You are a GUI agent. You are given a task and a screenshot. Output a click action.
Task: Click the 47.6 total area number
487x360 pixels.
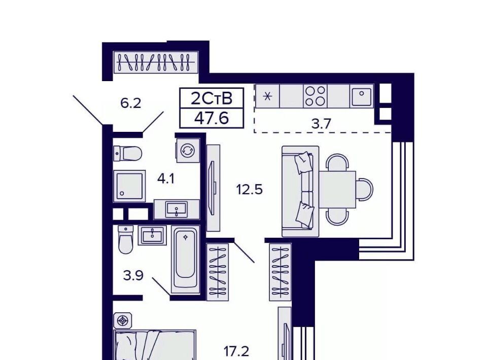[212, 118]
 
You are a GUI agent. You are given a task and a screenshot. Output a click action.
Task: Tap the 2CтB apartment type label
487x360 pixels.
[212, 98]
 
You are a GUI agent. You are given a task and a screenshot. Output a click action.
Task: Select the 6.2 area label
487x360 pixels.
[131, 103]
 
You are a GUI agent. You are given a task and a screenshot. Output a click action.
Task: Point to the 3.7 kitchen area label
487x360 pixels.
[322, 124]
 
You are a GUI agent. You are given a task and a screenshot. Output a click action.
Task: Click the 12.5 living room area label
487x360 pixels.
[250, 189]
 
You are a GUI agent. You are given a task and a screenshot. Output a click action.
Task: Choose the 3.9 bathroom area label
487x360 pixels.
[133, 275]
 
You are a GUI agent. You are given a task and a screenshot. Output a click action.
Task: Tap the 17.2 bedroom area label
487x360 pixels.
[236, 351]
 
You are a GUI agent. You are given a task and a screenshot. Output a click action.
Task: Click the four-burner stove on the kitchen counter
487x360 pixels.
[315, 96]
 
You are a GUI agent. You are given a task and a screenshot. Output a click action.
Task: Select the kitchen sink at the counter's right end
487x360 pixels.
[362, 96]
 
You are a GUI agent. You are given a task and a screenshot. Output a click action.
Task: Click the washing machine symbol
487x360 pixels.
[188, 151]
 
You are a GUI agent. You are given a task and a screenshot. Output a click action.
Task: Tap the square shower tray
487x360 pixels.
[129, 186]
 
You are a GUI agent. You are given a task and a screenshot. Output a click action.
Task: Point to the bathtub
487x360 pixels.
[186, 257]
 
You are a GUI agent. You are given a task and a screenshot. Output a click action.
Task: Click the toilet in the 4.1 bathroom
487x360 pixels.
[128, 153]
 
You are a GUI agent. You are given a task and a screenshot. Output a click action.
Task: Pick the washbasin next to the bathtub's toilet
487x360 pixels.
[152, 235]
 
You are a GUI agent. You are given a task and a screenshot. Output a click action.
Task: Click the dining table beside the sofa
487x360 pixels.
[338, 189]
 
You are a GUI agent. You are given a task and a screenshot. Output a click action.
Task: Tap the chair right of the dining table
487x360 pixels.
[365, 189]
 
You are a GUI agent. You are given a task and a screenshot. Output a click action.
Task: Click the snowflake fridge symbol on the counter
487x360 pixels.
[267, 96]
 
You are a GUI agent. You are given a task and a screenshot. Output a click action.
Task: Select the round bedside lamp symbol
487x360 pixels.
[123, 320]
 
